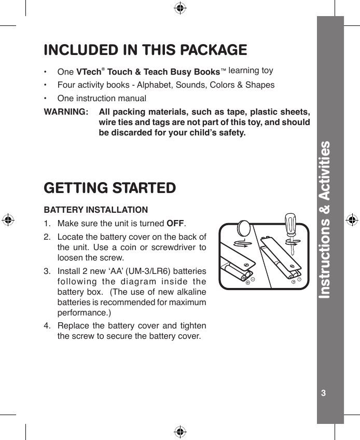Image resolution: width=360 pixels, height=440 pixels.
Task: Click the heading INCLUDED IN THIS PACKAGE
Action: [146, 50]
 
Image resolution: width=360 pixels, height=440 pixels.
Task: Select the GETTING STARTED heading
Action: [110, 187]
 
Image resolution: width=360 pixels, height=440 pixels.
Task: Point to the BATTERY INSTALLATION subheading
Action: [96, 210]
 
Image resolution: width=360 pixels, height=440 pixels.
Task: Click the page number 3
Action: [324, 392]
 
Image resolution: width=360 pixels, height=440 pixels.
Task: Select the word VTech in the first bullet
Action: [90, 71]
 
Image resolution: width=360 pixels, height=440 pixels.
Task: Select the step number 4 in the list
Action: [47, 326]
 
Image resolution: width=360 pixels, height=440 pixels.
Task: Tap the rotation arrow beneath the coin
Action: [242, 243]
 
